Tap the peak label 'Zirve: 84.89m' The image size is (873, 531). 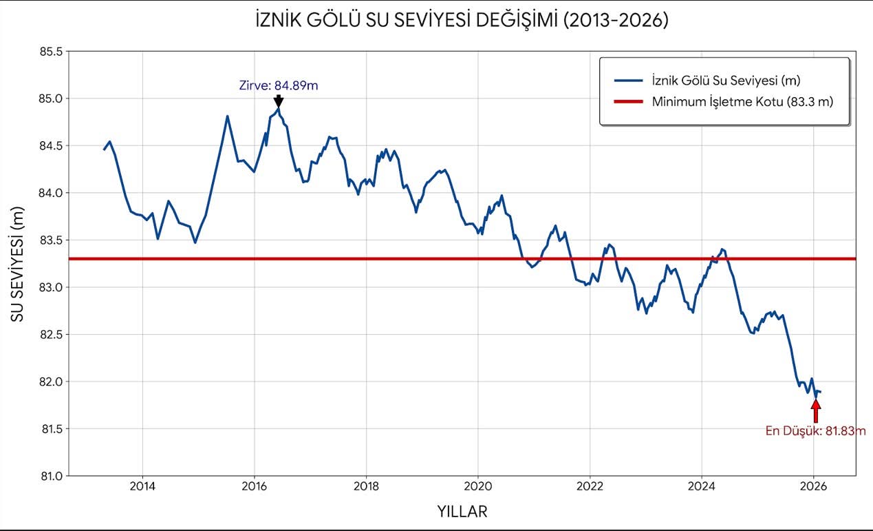(278, 86)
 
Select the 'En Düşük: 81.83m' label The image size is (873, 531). (815, 431)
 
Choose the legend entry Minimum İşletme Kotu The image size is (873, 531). (742, 102)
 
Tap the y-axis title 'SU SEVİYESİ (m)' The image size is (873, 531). (18, 264)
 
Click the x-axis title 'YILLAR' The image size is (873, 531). (462, 512)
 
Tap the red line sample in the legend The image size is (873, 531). (627, 102)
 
